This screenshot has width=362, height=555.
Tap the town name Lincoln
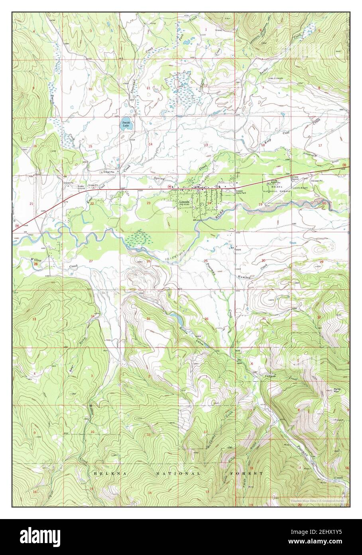[184, 202]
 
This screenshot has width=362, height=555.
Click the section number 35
[148, 319]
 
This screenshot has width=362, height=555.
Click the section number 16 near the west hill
[35, 146]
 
